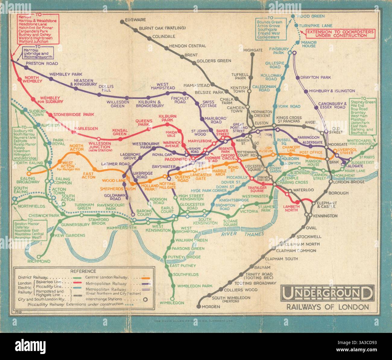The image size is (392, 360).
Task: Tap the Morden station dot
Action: (198, 306)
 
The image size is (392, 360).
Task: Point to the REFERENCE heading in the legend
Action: (83, 271)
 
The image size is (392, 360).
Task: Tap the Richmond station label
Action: (39, 261)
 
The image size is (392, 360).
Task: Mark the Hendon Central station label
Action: (188, 46)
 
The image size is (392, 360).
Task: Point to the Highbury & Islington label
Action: (329, 91)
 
